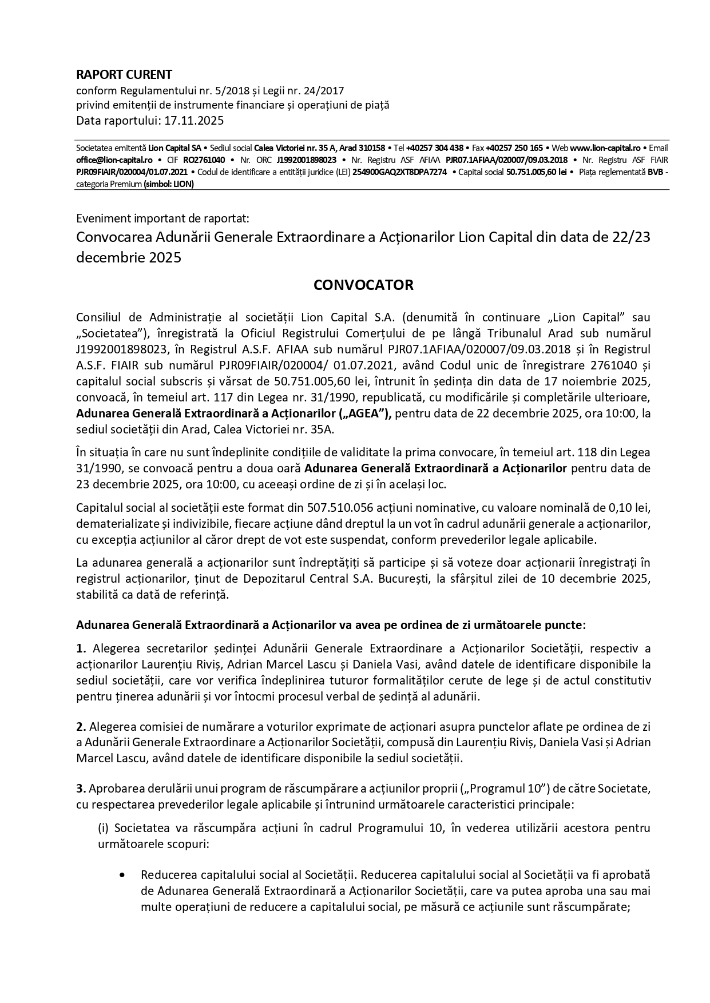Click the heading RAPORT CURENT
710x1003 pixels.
tap(124, 74)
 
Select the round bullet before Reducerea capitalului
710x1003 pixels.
tap(122, 875)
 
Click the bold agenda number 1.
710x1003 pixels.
tap(81, 649)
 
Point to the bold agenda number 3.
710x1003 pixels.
tap(81, 789)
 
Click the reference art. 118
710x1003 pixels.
tap(562, 453)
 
